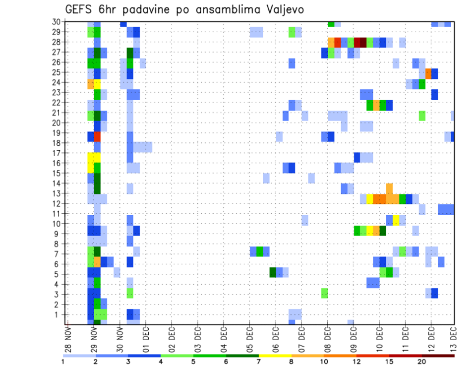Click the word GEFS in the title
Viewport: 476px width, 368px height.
80,9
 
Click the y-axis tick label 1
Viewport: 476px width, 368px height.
58,314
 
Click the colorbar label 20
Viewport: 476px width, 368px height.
422,362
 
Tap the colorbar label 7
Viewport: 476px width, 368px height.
259,362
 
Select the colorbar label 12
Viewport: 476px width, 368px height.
357,362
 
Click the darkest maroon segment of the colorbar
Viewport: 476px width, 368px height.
438,355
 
